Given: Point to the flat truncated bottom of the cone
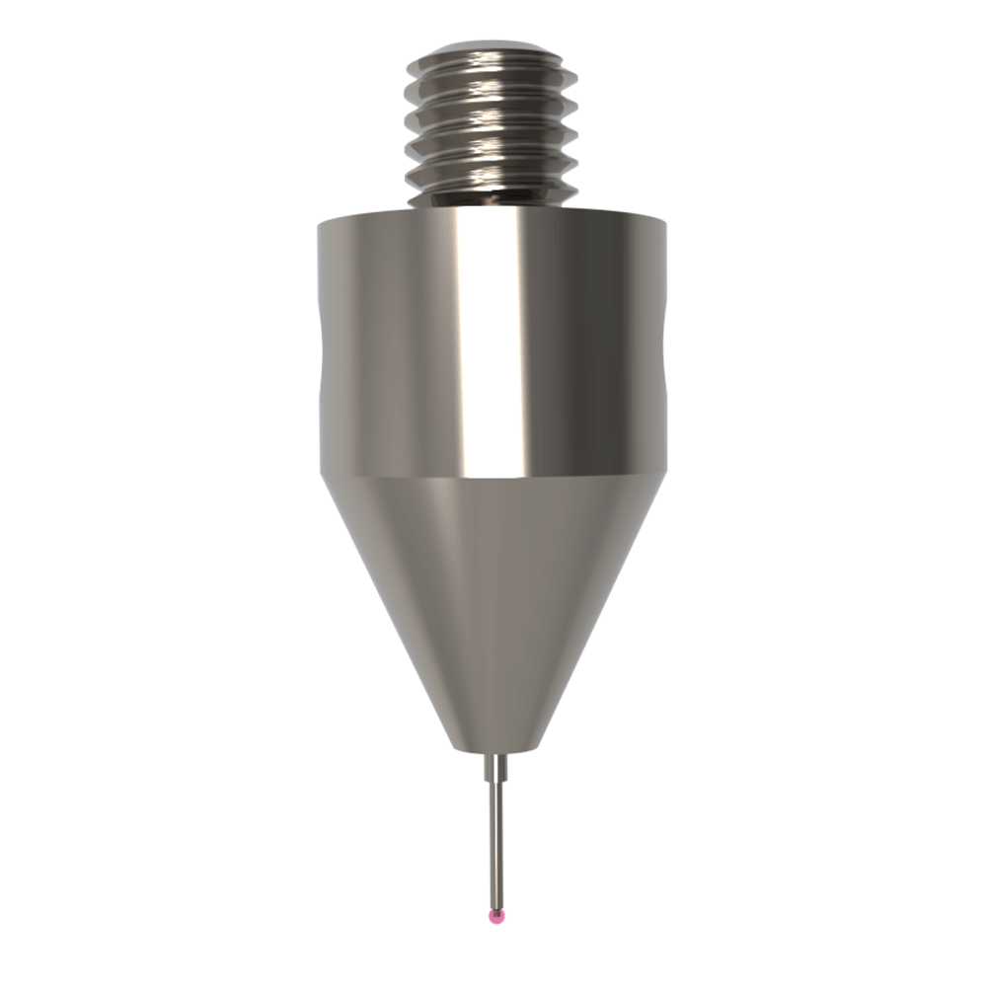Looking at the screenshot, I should point(495,746).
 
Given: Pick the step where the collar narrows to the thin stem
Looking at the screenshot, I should point(496,780).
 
